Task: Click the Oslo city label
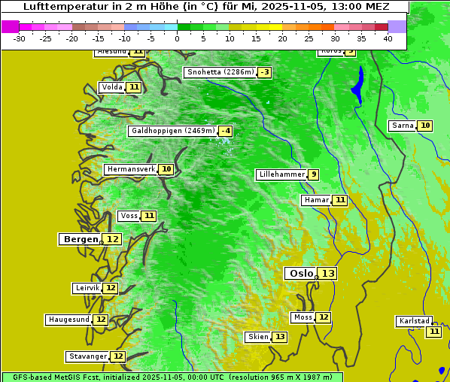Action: tap(299, 274)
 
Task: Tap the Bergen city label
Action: tap(79, 239)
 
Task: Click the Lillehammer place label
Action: tap(281, 174)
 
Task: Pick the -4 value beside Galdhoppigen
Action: tap(225, 131)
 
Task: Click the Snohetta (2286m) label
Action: tap(220, 72)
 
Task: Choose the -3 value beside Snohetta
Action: tap(264, 72)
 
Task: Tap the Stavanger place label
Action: tap(87, 356)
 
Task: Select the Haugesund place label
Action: tap(68, 320)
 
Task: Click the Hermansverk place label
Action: tap(130, 169)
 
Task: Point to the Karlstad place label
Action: tap(414, 321)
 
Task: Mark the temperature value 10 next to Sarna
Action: tap(425, 126)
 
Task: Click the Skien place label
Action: tap(257, 337)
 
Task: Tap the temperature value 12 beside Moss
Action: tap(323, 317)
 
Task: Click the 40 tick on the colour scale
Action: tap(388, 39)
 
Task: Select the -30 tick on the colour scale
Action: tap(20, 39)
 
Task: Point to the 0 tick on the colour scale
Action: tap(178, 39)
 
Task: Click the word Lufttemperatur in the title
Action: tap(62, 6)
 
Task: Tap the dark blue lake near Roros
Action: tap(357, 84)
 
